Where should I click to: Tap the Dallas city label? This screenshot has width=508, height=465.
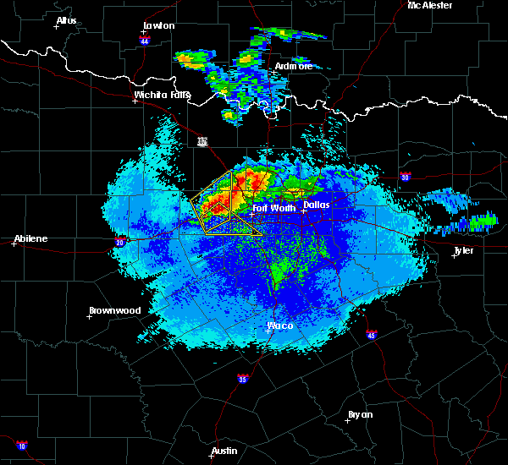click(317, 205)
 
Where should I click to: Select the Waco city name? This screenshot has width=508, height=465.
click(280, 325)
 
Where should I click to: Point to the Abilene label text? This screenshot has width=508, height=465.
click(30, 238)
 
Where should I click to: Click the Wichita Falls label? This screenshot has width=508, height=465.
click(162, 95)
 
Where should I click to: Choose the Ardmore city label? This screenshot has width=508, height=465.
click(294, 66)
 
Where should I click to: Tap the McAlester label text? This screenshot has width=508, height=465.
click(430, 5)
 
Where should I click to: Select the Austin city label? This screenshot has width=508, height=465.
click(224, 451)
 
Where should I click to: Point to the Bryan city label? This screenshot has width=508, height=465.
click(361, 414)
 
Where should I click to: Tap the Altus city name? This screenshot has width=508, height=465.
click(66, 20)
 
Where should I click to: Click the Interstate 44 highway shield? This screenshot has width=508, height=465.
click(145, 40)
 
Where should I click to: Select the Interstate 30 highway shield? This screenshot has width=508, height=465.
click(406, 177)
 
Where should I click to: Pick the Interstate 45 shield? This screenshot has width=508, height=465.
click(372, 335)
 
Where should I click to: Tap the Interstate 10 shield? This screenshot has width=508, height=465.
click(21, 445)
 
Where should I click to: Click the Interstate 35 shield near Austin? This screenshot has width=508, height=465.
click(243, 378)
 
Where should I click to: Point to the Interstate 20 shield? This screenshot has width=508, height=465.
click(119, 242)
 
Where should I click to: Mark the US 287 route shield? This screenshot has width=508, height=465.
click(202, 141)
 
